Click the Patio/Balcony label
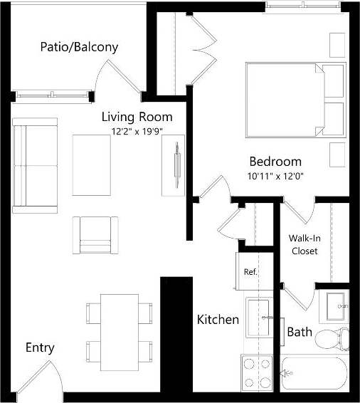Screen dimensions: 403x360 pyautogui.click(x=78, y=48)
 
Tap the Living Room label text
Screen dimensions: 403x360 pyautogui.click(x=137, y=117)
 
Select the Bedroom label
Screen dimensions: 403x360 pyautogui.click(x=275, y=162)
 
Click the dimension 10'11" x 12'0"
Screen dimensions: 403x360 pyautogui.click(x=275, y=176)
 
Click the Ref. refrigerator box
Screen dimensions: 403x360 pyautogui.click(x=250, y=271)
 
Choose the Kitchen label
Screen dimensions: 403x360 pyautogui.click(x=218, y=320)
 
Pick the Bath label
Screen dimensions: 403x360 pyautogui.click(x=299, y=332)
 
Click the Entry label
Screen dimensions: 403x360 pyautogui.click(x=40, y=348)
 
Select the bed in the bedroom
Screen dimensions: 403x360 pyautogui.click(x=294, y=100)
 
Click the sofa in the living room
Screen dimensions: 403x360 pyautogui.click(x=34, y=165)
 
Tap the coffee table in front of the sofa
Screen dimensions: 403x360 pyautogui.click(x=91, y=164)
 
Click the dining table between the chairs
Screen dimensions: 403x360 pyautogui.click(x=119, y=330)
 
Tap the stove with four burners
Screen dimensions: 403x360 pyautogui.click(x=258, y=372)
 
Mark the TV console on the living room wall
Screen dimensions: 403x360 pyautogui.click(x=172, y=165)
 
